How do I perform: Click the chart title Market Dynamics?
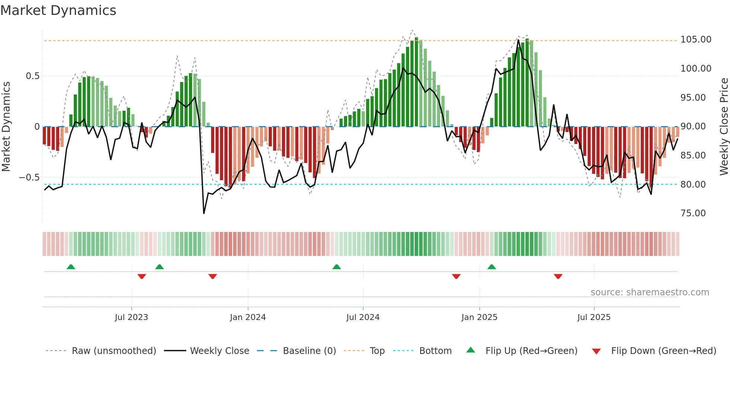[58, 10]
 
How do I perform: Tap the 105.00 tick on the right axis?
[695, 40]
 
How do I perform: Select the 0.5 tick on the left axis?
[32, 76]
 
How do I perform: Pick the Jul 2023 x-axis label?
[131, 317]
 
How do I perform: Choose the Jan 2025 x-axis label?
[479, 317]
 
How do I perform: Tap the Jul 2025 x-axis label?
[594, 317]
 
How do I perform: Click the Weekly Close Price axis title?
[724, 126]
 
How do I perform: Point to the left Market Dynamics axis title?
[6, 126]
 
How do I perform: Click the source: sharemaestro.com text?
[650, 292]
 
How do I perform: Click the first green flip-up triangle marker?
[71, 267]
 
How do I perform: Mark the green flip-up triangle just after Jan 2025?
[491, 267]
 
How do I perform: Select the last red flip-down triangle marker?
[558, 276]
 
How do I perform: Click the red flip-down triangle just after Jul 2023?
[142, 276]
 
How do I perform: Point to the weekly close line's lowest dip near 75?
[204, 213]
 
